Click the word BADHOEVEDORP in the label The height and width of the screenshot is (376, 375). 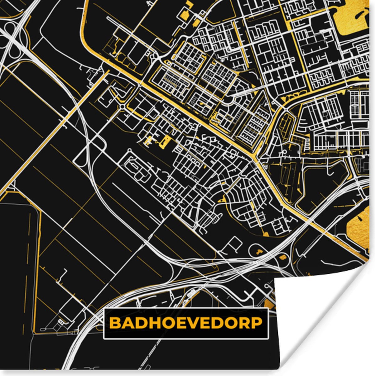(x=186, y=323)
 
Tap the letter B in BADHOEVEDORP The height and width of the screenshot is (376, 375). (x=115, y=323)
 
